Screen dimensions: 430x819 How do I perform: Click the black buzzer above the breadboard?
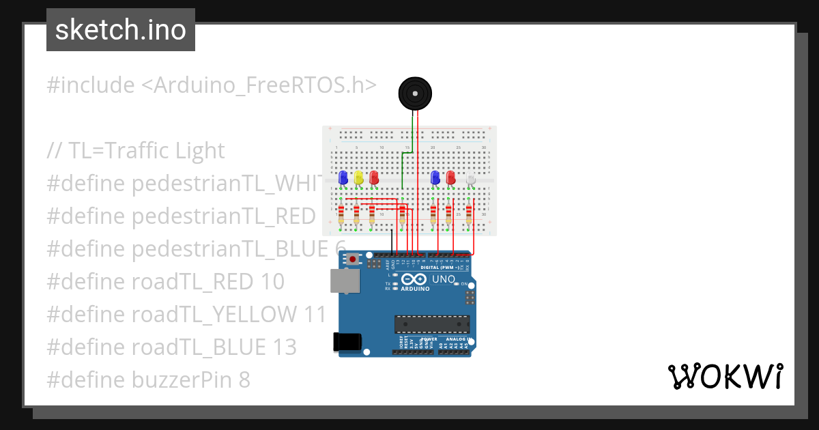415,93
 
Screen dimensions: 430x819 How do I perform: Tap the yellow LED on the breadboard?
358,178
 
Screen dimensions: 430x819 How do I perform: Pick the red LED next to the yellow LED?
374,178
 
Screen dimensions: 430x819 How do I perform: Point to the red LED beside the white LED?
450,178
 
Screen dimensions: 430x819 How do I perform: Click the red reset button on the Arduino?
352,259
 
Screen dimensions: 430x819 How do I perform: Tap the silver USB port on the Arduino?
345,281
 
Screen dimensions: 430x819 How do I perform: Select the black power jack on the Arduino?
347,341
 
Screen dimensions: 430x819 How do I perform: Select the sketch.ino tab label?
121,30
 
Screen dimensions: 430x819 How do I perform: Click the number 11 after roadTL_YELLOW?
315,315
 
